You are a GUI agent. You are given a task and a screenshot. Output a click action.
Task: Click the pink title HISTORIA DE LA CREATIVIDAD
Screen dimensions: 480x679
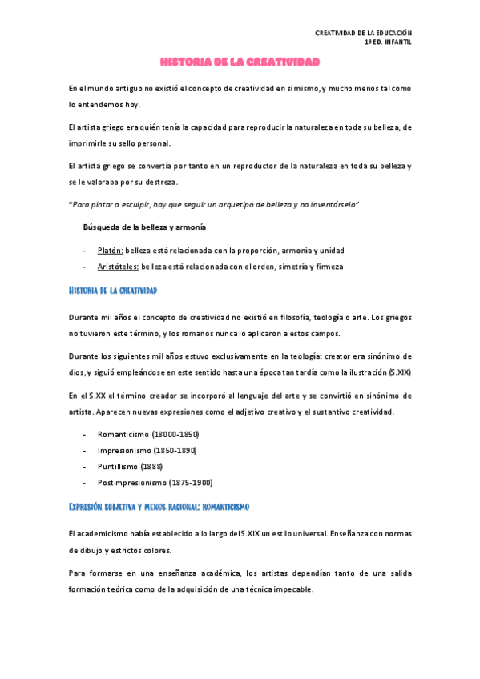tap(240, 62)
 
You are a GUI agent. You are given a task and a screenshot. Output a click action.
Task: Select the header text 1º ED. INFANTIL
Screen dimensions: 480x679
tap(388, 42)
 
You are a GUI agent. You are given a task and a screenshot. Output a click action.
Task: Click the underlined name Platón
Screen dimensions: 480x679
tap(111, 250)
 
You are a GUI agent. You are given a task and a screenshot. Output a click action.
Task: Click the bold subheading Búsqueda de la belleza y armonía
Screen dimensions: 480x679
tap(144, 227)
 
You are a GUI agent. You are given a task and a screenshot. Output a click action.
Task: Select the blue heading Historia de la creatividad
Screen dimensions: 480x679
tap(113, 289)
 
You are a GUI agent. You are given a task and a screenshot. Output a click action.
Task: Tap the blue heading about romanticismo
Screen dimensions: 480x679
tap(159, 507)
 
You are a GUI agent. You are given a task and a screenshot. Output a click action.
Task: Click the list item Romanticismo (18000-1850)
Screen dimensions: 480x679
tap(148, 433)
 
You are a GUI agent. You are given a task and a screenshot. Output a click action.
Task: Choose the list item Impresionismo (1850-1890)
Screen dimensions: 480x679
tap(147, 450)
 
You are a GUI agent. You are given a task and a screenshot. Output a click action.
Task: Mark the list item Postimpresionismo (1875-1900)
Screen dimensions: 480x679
tap(155, 483)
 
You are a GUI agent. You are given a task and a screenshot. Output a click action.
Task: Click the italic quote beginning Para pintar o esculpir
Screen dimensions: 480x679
tap(213, 205)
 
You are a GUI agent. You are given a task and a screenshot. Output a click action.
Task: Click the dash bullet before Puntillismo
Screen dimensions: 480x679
tap(85, 466)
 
